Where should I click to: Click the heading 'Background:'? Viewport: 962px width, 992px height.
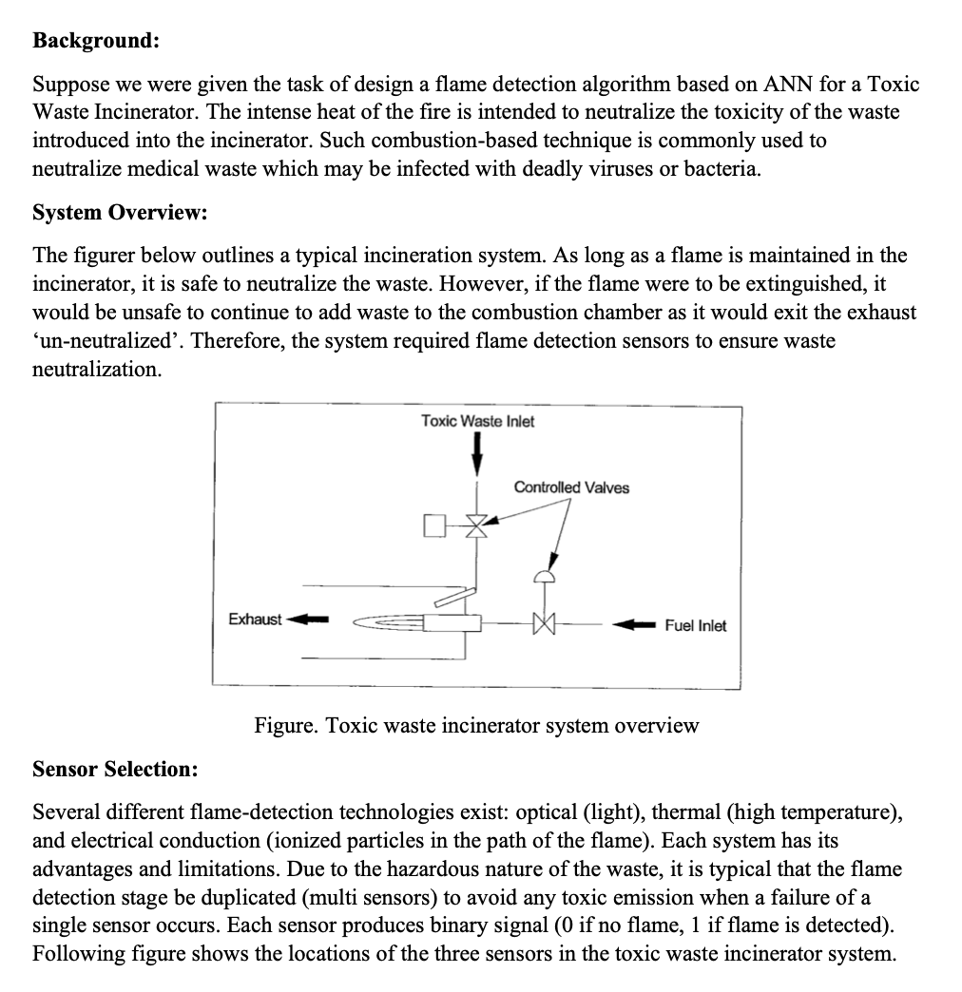[96, 41]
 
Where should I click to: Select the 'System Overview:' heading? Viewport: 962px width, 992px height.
[120, 212]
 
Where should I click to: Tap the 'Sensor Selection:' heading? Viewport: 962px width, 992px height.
[115, 769]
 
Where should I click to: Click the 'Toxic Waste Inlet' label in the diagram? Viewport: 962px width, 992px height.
[477, 421]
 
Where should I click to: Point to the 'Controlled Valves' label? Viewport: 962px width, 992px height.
[571, 487]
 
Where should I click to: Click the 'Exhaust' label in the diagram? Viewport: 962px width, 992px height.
[255, 620]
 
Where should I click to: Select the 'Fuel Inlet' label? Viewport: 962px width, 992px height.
[695, 625]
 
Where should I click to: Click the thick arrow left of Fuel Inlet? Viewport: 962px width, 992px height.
[633, 625]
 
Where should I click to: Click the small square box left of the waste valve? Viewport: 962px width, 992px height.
[434, 525]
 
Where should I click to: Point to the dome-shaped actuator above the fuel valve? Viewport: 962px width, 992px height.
[544, 574]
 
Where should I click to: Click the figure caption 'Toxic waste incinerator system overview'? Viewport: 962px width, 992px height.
[476, 726]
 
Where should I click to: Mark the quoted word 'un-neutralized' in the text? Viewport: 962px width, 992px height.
[107, 340]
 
